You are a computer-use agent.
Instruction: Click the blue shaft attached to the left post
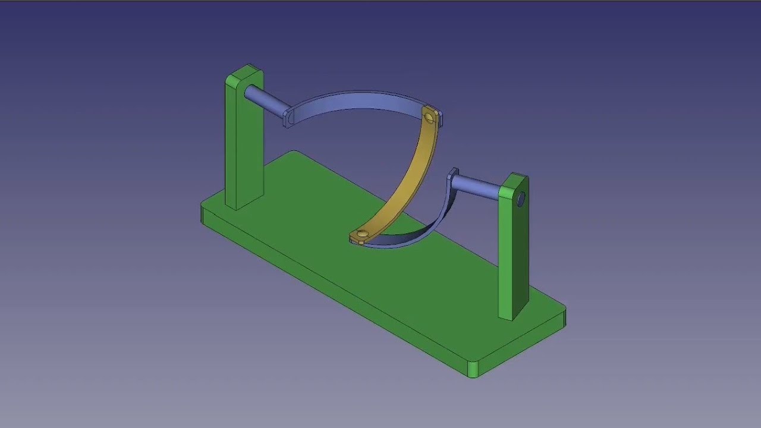[265, 100]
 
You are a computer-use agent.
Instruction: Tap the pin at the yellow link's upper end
[429, 117]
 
